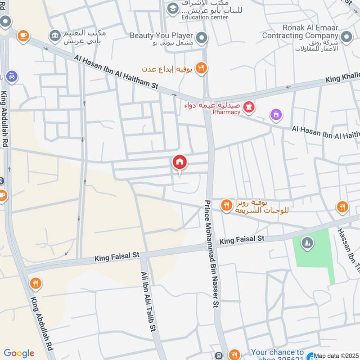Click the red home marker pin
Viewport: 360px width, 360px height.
pos(180,162)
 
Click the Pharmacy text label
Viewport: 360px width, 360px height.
pos(226,112)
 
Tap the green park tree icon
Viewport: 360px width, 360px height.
pos(308,243)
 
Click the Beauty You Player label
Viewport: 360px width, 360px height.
pos(161,36)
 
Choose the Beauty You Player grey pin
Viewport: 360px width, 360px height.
pos(202,37)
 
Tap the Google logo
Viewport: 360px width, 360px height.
pos(19,353)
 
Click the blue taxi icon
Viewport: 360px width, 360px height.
pos(12,76)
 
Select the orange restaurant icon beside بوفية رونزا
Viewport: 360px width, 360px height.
pos(226,206)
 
